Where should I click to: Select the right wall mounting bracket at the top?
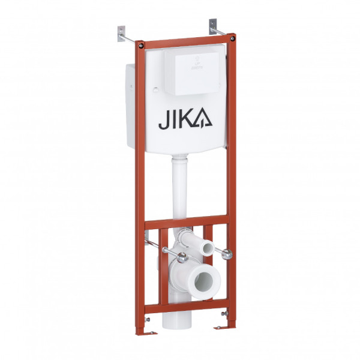pyautogui.click(x=213, y=27)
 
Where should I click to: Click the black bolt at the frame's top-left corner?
pyautogui.click(x=140, y=44)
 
